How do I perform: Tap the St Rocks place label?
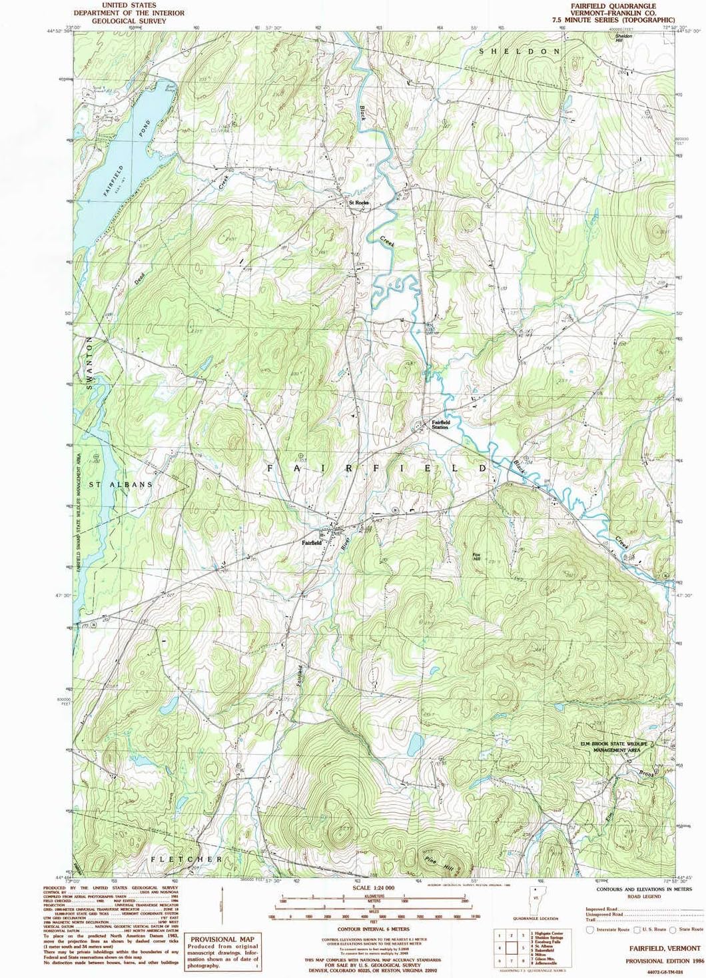point(358,203)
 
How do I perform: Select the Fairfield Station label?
point(440,424)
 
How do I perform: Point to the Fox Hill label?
point(476,556)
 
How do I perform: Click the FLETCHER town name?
point(186,859)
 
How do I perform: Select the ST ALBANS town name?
point(121,484)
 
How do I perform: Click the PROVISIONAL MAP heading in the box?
point(222,939)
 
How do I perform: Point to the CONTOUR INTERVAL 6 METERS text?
point(374,929)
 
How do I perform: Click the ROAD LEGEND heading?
point(644,897)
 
